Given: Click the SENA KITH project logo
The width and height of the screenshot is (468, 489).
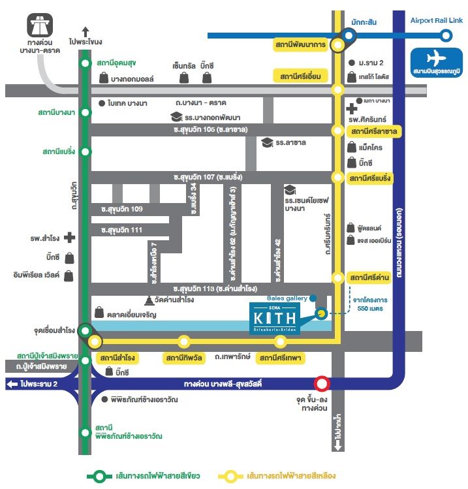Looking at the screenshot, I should click(273, 317).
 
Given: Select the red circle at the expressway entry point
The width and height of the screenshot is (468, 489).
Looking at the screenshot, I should click(322, 384).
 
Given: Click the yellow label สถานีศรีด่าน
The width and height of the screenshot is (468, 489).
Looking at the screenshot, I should click(370, 277).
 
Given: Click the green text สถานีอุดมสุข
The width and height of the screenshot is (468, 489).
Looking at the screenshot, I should click(116, 63).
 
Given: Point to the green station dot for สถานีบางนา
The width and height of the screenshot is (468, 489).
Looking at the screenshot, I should click(85, 112).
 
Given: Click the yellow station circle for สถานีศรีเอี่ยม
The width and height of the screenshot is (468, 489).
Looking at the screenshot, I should click(337, 89).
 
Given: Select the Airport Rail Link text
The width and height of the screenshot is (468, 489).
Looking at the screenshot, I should click(436, 21).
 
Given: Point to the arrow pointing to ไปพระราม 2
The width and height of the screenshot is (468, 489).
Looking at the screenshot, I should click(12, 384).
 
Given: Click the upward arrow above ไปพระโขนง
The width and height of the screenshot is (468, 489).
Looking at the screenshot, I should click(86, 29).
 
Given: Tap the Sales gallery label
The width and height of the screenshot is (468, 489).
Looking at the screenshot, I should click(287, 298).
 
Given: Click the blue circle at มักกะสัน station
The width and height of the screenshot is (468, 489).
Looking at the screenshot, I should click(349, 37).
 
